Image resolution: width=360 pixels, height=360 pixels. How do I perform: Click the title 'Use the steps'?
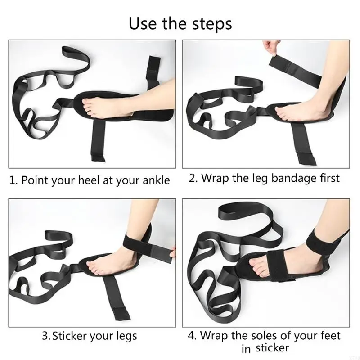180,23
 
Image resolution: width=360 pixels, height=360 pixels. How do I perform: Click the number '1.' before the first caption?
14,180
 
